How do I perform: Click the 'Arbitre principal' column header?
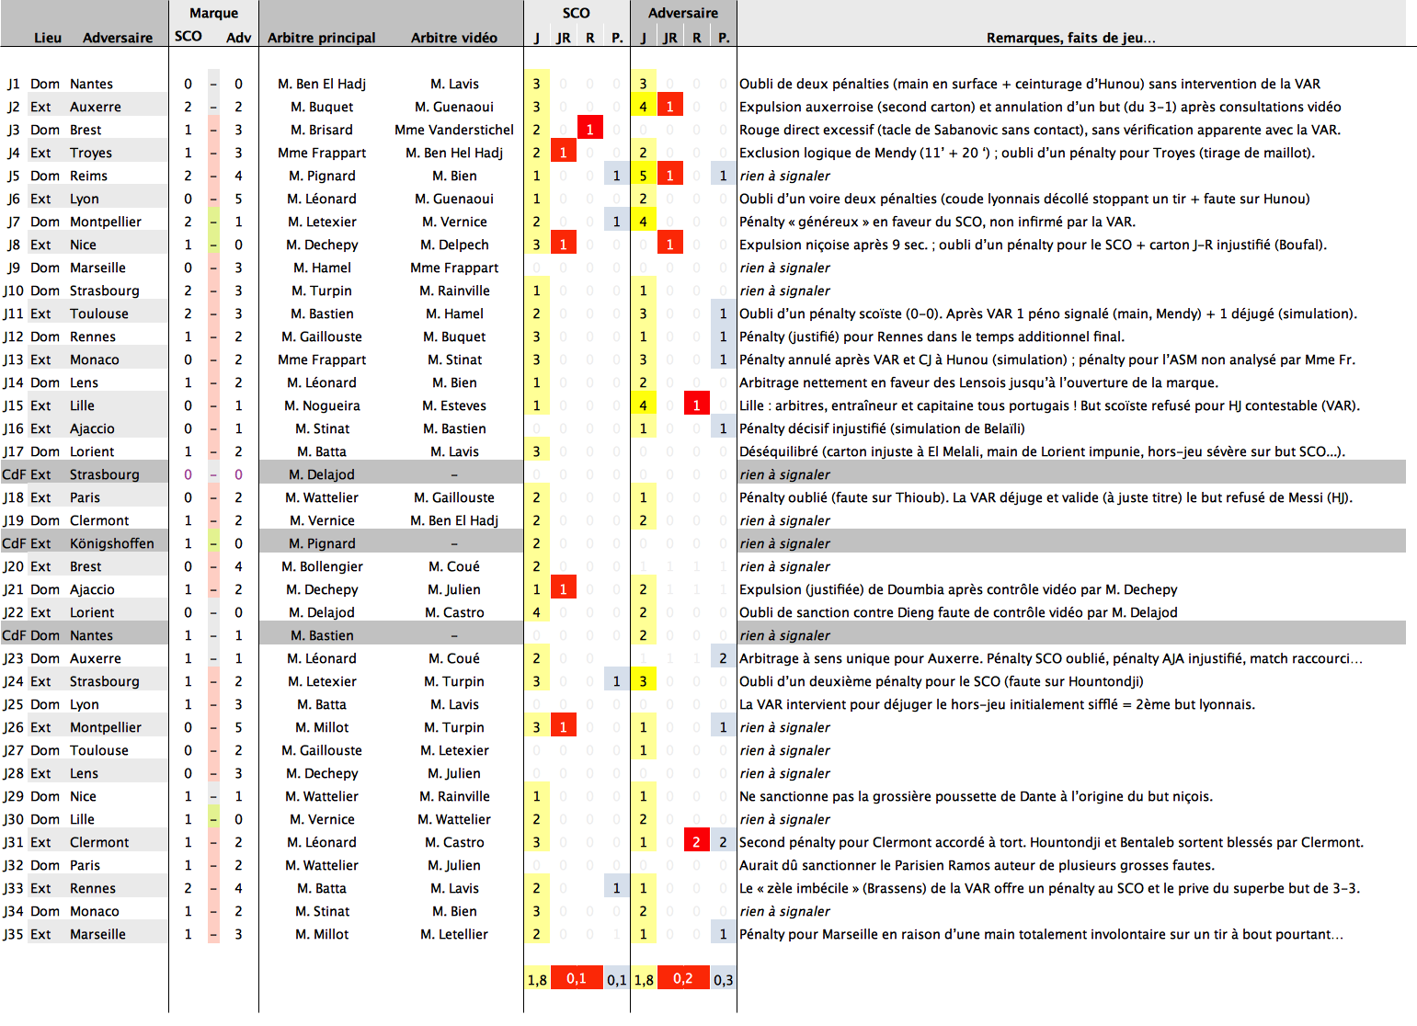[x=321, y=38]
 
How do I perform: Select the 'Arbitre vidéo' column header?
[x=453, y=38]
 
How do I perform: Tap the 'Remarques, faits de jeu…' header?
[x=1070, y=38]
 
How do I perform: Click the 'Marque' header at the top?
[x=213, y=13]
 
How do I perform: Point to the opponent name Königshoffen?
[x=111, y=543]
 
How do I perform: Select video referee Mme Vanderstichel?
[x=453, y=130]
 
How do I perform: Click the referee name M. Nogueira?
[x=322, y=405]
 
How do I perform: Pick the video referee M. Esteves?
[x=453, y=405]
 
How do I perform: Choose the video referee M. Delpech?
[x=453, y=245]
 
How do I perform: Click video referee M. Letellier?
[x=453, y=934]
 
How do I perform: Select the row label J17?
[x=13, y=451]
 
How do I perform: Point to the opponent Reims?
[x=88, y=176]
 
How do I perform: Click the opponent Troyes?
[x=90, y=153]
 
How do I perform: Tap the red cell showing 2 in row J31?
[x=696, y=842]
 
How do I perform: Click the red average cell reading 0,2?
[x=682, y=978]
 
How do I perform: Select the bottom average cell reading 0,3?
[x=724, y=980]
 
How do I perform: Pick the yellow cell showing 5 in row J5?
[x=643, y=176]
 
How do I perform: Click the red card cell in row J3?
[x=589, y=130]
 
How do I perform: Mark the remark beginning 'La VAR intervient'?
[x=997, y=704]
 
